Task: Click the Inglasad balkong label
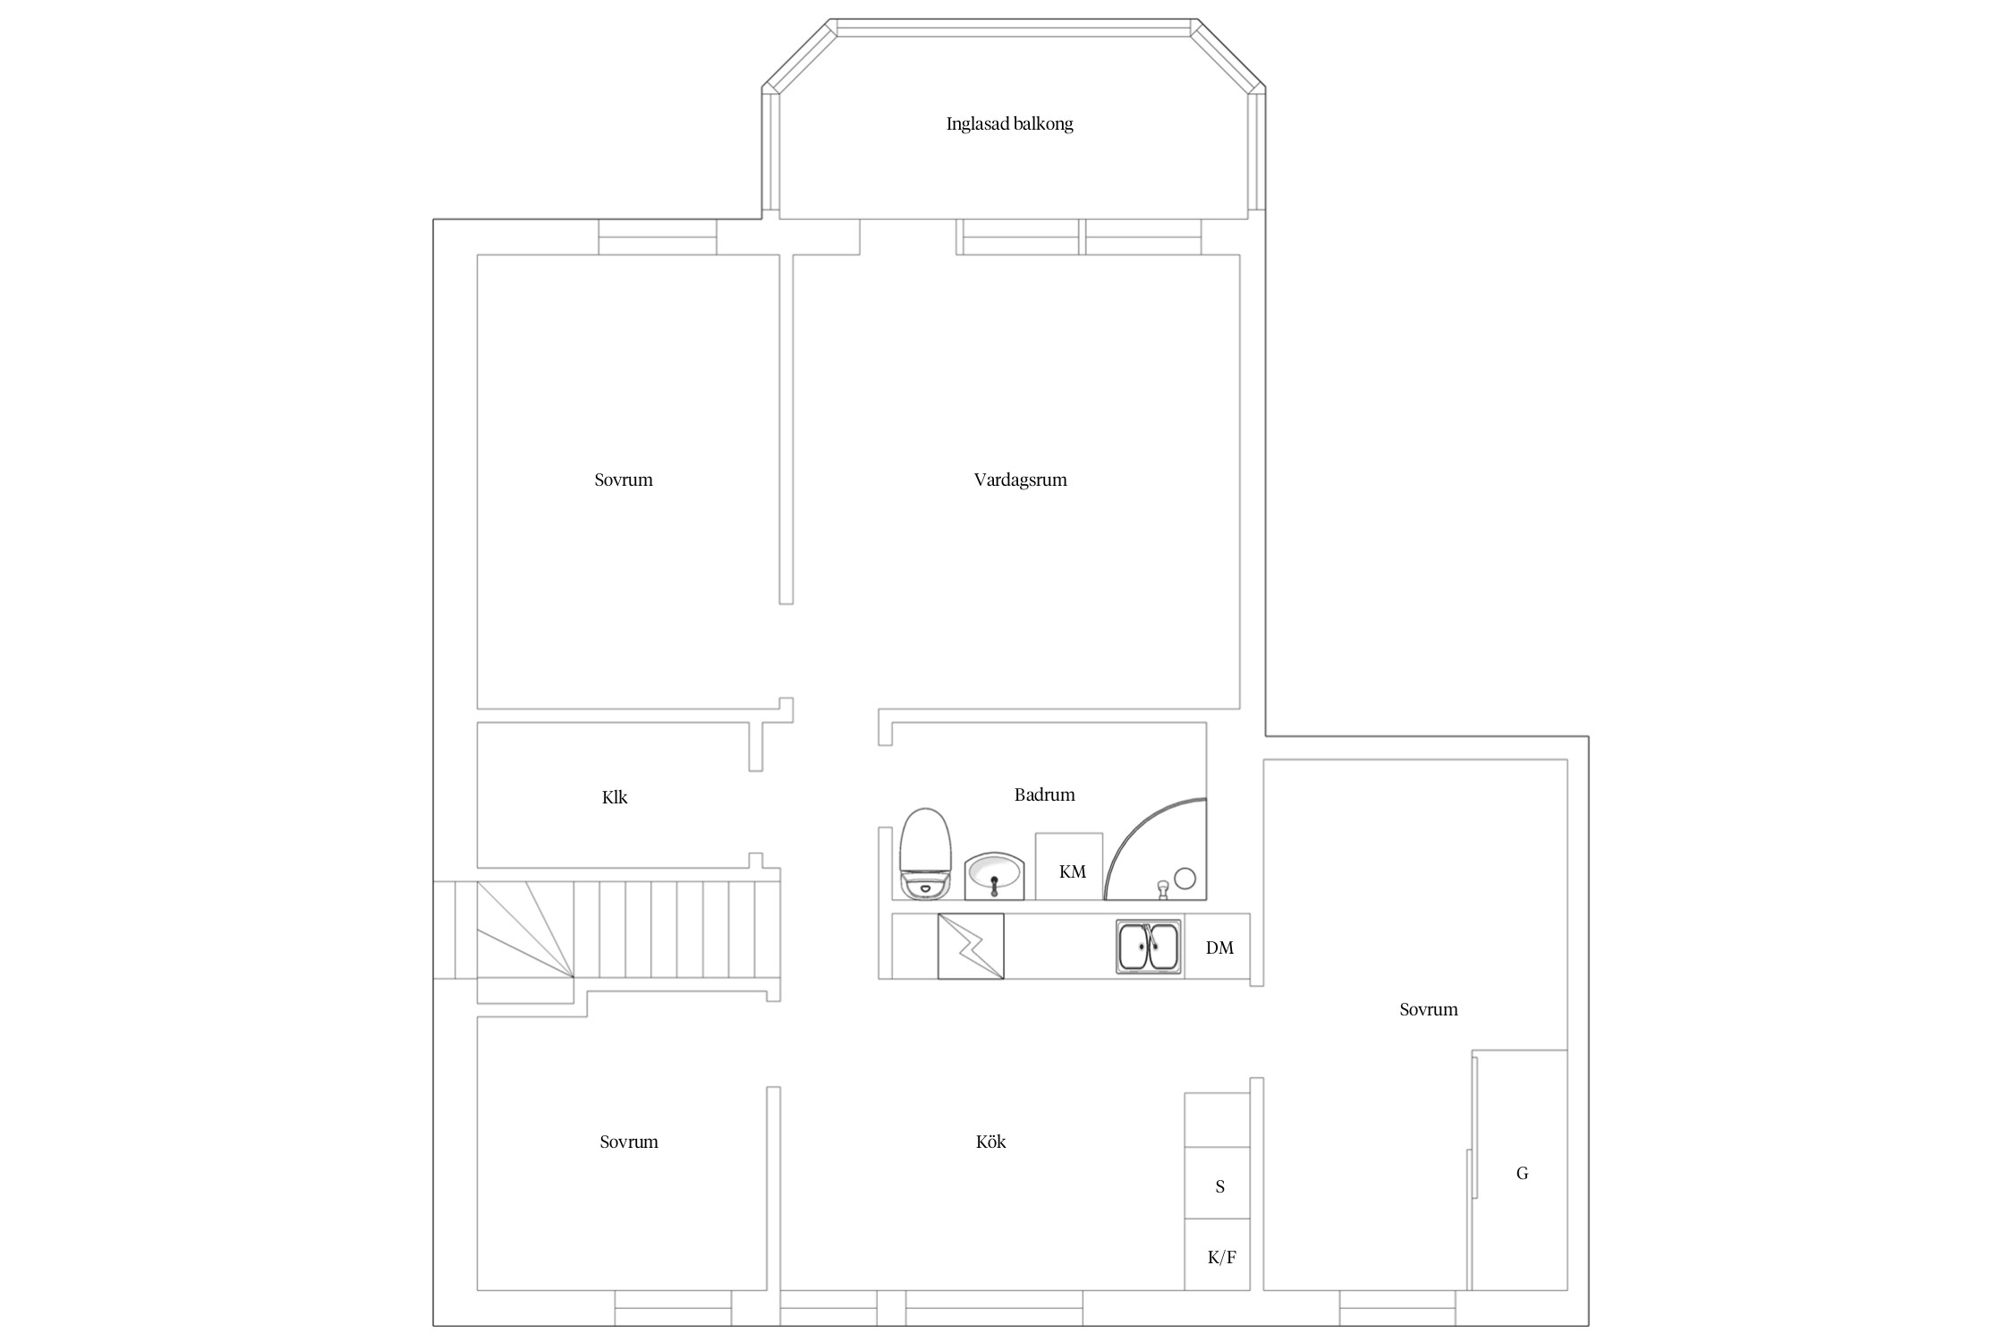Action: point(1009,124)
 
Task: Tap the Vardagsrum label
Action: point(1020,480)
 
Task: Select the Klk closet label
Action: point(615,797)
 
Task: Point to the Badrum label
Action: point(1044,794)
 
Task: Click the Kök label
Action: point(990,1142)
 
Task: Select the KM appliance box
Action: point(1069,866)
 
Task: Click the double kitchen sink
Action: point(1149,946)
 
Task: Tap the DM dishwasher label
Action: point(1219,948)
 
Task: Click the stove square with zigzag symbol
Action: point(971,946)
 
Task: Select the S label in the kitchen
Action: point(1219,1187)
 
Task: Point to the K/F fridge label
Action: point(1221,1258)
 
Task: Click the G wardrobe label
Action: point(1522,1173)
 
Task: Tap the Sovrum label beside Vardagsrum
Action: point(624,480)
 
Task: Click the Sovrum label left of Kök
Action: point(629,1142)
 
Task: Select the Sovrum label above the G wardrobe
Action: point(1429,1009)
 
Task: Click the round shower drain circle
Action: point(1185,879)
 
